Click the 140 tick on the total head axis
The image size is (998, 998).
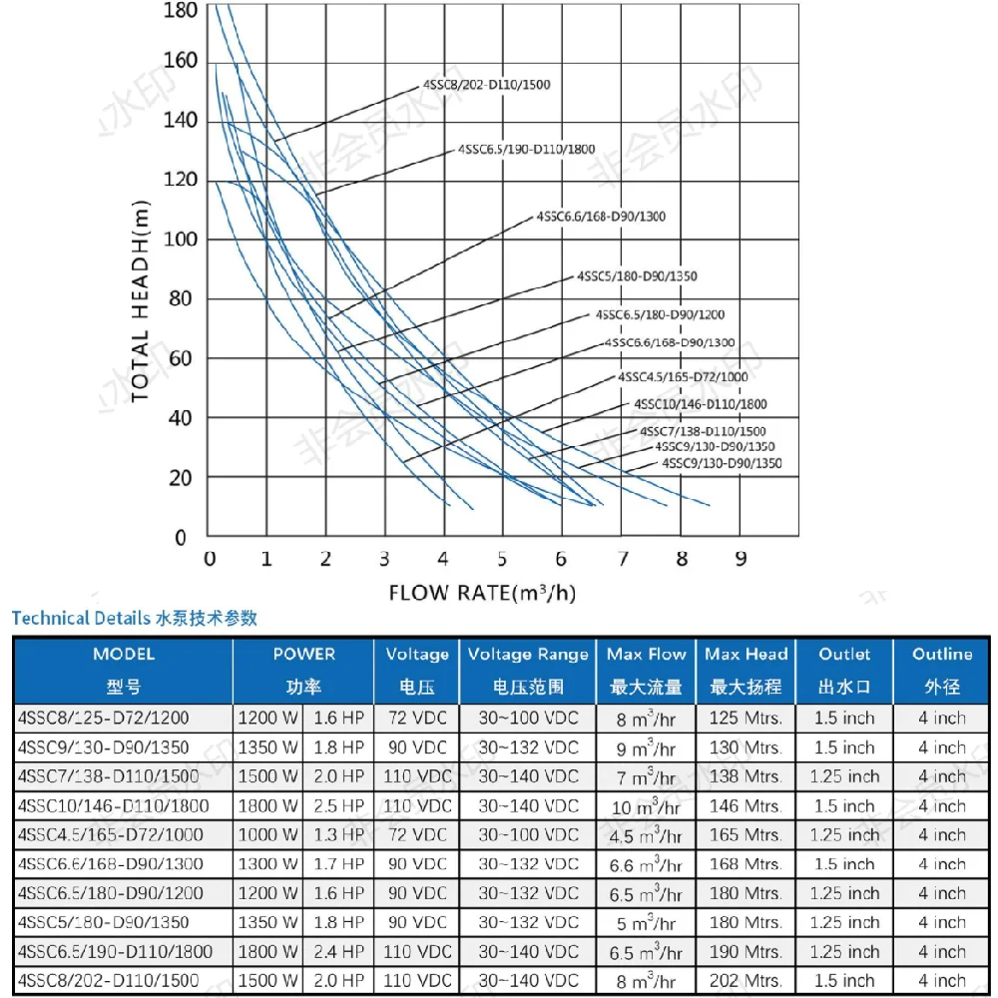pos(181,121)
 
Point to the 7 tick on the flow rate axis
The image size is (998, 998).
pos(623,558)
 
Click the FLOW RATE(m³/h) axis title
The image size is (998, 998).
pos(482,593)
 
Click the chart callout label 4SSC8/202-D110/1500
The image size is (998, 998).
pos(486,85)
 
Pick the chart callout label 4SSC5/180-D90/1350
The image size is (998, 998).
pos(637,275)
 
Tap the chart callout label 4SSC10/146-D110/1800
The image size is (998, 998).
pos(701,404)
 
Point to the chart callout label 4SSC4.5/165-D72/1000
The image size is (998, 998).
pos(683,377)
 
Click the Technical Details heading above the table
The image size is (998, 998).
pos(134,618)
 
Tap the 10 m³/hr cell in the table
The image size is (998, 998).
pos(646,806)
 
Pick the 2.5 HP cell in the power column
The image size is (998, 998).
pos(338,805)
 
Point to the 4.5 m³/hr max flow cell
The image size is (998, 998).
pos(646,835)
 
